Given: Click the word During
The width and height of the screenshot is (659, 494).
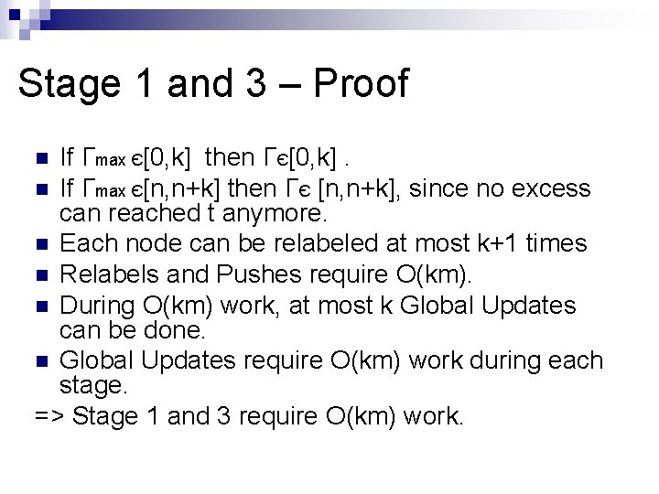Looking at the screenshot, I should (x=103, y=305).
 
